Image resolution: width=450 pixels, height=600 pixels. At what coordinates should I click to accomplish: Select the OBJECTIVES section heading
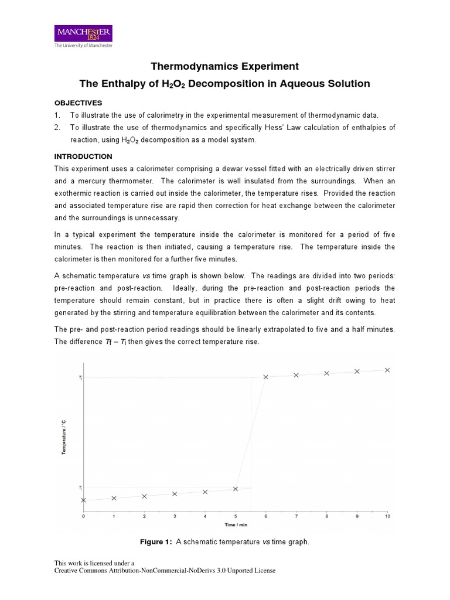tap(78, 102)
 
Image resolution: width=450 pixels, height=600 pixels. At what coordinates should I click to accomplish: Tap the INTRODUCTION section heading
tap(83, 156)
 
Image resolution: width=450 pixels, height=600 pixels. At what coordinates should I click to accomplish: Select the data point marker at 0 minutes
tap(83, 500)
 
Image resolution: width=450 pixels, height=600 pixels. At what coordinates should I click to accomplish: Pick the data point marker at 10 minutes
tap(387, 370)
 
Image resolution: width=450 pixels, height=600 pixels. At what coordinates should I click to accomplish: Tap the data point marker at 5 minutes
tap(236, 489)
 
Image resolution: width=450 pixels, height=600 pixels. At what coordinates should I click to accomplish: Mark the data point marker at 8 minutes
tap(327, 373)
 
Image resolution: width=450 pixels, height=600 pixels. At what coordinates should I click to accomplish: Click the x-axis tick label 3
tap(175, 516)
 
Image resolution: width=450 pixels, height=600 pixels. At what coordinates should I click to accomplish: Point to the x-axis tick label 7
tap(296, 516)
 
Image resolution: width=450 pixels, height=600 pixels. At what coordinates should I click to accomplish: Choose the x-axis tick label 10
tap(387, 516)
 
